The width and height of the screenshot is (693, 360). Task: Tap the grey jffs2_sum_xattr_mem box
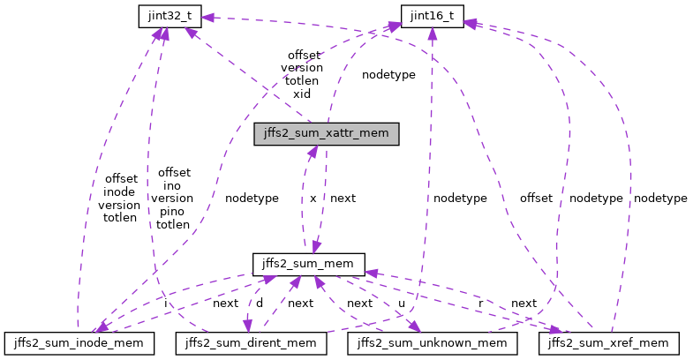point(327,134)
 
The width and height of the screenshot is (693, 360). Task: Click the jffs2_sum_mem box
point(308,263)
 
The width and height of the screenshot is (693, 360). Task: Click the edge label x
point(313,199)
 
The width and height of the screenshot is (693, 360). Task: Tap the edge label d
point(259,303)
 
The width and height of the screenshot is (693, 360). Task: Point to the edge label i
point(167,303)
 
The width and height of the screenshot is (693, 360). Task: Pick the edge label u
point(402,303)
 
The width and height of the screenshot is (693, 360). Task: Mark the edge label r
point(480,303)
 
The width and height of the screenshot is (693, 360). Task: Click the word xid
point(302,93)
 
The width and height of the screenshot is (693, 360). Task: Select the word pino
point(172,212)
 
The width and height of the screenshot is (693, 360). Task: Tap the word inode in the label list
point(120,191)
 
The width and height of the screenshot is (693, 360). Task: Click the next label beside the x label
point(343,199)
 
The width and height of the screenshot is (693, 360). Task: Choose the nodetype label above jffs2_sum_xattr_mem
point(388,75)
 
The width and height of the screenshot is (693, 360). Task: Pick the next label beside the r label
point(524,303)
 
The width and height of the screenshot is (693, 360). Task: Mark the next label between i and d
point(225,303)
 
